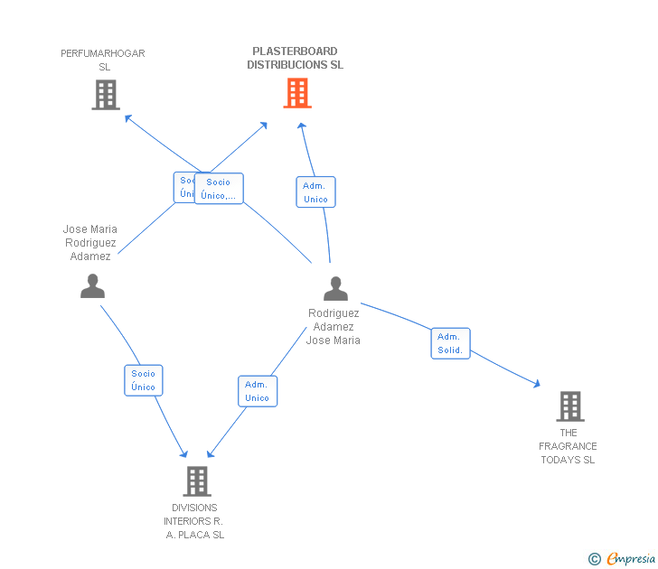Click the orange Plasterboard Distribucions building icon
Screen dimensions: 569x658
click(x=297, y=93)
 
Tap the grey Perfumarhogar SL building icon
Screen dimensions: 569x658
click(x=106, y=95)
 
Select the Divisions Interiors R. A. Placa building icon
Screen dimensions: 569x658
click(x=196, y=481)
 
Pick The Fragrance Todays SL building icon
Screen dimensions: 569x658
click(x=569, y=406)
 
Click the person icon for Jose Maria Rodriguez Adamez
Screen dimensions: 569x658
click(x=92, y=285)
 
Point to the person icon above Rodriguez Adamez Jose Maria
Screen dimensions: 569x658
click(x=335, y=289)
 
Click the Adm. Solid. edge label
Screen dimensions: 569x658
click(x=450, y=343)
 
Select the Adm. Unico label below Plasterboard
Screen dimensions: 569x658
click(x=315, y=192)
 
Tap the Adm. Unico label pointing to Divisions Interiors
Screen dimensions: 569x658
click(x=258, y=391)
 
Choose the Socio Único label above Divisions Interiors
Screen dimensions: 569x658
click(x=143, y=380)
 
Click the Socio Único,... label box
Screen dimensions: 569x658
click(x=220, y=189)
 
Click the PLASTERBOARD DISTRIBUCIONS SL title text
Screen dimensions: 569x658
click(x=295, y=59)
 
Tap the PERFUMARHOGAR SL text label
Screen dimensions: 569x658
click(x=103, y=60)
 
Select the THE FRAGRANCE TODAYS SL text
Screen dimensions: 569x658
click(x=568, y=446)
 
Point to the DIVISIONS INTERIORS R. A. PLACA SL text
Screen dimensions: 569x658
click(x=193, y=521)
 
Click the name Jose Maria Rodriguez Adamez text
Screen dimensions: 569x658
click(x=90, y=243)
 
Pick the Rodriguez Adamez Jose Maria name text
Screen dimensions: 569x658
click(x=334, y=327)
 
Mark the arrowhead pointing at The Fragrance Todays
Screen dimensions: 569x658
click(x=537, y=385)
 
